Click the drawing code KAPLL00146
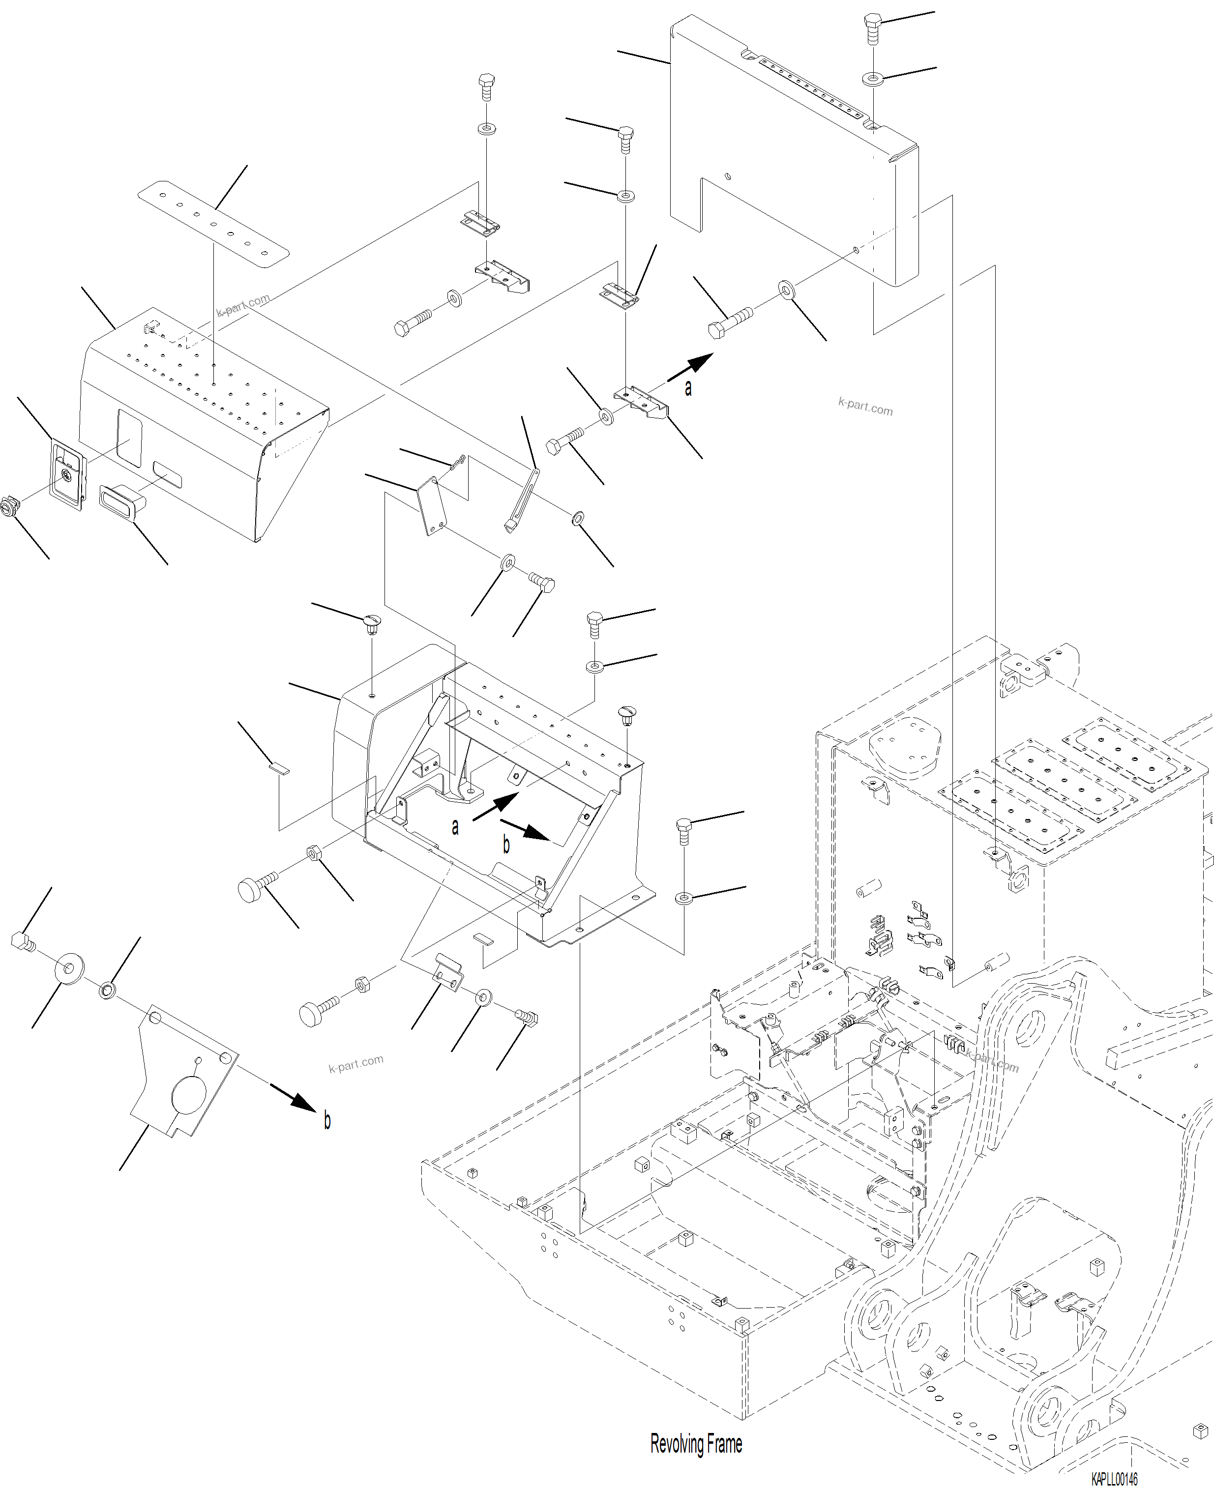pyautogui.click(x=1114, y=1479)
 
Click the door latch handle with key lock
pyautogui.click(x=66, y=473)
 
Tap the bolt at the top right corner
pyautogui.click(x=872, y=28)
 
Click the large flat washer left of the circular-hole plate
pyautogui.click(x=68, y=969)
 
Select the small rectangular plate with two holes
pyautogui.click(x=432, y=505)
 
